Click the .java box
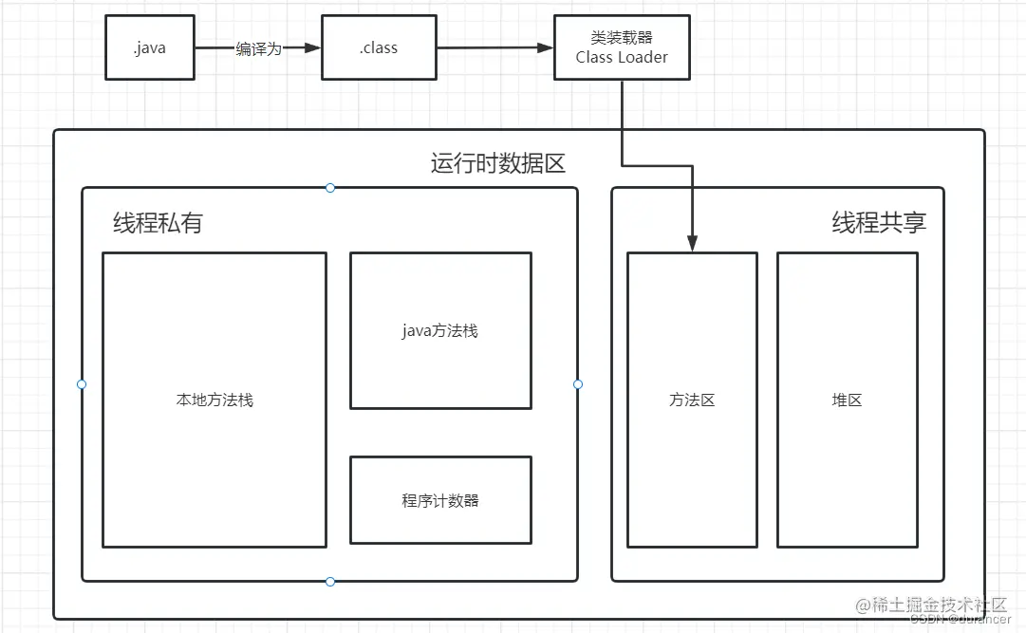pos(149,47)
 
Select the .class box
pos(379,47)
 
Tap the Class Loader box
pos(622,47)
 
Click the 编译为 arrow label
pos(258,48)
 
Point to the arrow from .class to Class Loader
pos(494,47)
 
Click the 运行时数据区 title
pos(497,163)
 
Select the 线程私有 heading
pos(158,223)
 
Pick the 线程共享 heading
pos(879,223)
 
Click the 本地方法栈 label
pos(215,400)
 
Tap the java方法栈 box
pos(440,330)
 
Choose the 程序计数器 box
pos(440,500)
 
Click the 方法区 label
pos(692,400)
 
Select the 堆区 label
pos(847,400)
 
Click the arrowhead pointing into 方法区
pos(693,245)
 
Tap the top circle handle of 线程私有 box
pos(330,188)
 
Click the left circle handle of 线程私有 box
pos(82,384)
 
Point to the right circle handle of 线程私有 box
pos(578,384)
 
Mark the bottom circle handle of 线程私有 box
pos(330,581)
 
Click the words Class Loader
pos(622,57)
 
